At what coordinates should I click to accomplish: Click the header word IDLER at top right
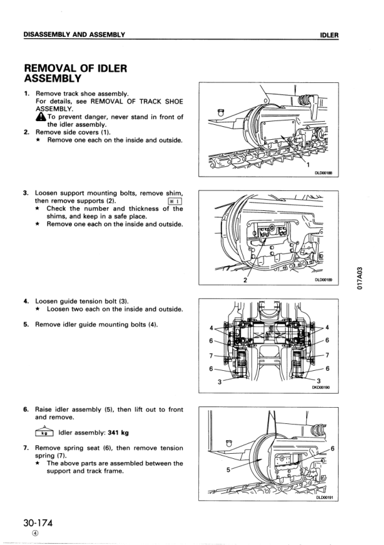330,35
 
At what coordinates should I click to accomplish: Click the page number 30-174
38,523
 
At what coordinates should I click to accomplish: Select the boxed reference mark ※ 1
175,201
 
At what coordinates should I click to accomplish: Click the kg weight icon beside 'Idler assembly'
44,432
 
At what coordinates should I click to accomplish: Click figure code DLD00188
322,173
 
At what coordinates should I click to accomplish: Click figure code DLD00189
322,280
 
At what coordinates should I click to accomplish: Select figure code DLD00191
324,497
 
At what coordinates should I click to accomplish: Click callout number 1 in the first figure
308,165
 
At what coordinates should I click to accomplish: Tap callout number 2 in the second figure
245,280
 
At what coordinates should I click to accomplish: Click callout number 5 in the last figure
228,470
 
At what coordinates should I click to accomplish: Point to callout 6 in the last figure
333,449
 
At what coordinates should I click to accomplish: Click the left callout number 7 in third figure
211,355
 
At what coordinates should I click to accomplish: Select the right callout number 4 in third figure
327,328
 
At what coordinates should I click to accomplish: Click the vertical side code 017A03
361,278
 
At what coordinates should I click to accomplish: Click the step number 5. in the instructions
26,325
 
